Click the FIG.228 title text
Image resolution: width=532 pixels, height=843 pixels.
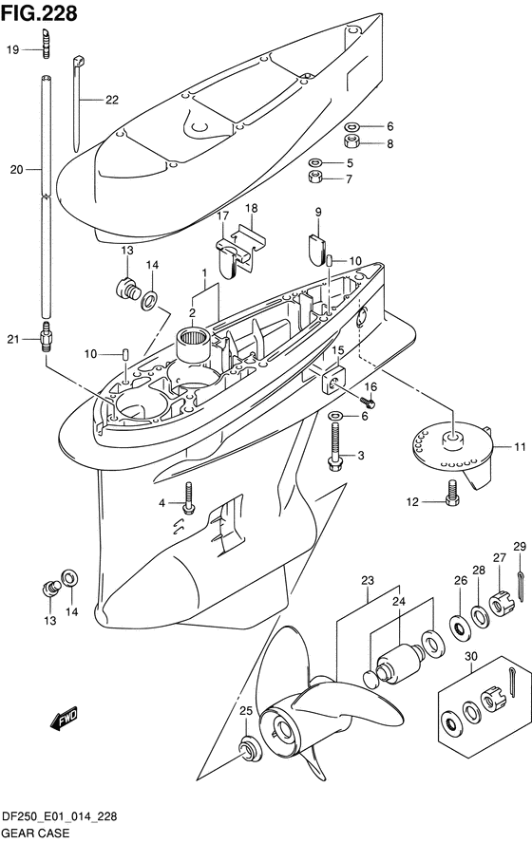point(39,13)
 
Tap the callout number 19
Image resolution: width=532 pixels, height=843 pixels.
point(13,50)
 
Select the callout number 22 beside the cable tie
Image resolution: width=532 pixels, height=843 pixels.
point(112,100)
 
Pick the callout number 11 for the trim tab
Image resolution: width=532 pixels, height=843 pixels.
point(520,446)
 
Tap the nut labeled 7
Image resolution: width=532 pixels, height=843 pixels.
point(315,176)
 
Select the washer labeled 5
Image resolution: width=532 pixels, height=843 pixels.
point(315,161)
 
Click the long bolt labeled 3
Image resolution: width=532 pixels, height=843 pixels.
point(334,447)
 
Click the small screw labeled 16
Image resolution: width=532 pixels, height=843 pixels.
point(369,400)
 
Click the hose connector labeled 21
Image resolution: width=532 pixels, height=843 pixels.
point(45,337)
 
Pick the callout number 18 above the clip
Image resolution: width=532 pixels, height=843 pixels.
point(251,208)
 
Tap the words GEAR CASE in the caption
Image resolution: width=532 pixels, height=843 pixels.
point(35,833)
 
